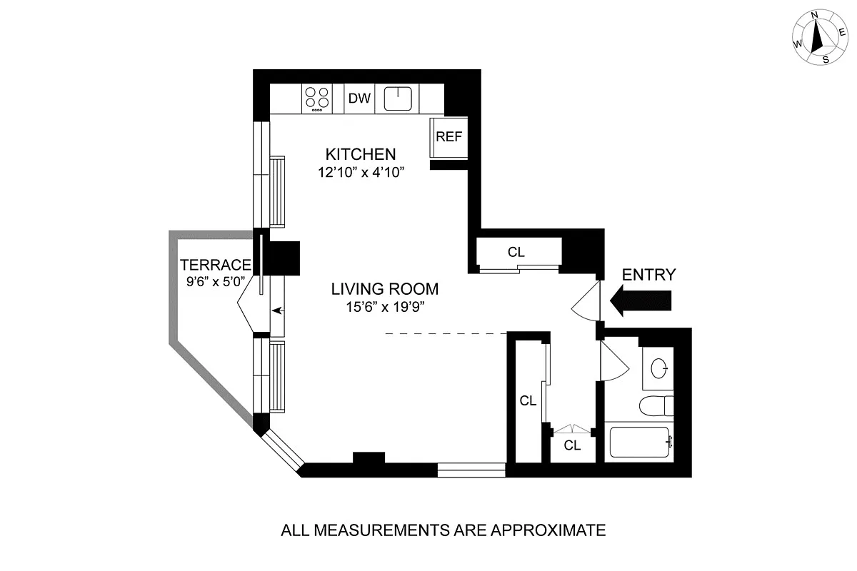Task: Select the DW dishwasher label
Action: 360,98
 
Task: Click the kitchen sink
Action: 398,98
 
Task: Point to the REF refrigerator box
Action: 449,138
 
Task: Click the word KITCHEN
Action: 361,154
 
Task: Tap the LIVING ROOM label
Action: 384,290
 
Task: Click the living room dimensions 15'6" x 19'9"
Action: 384,308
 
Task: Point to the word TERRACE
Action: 215,264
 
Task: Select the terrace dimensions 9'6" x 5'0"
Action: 215,281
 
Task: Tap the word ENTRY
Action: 648,275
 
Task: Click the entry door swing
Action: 586,303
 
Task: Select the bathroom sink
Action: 661,369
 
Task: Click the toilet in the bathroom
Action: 656,405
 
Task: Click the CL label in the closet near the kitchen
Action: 516,252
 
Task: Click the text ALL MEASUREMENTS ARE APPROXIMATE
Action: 443,530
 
